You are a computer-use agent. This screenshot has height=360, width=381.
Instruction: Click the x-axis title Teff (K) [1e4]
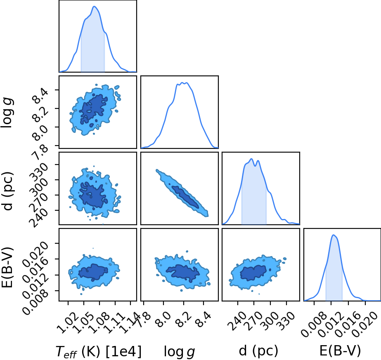pos(98,351)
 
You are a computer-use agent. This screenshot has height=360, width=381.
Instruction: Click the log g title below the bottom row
pos(179,352)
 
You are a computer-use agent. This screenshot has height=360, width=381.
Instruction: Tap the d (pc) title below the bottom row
pos(258,351)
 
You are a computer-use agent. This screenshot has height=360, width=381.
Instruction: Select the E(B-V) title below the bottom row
pos(340,351)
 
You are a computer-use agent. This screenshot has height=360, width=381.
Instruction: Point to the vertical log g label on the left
pos(7,113)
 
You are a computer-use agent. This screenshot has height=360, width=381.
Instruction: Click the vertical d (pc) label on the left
pos(7,191)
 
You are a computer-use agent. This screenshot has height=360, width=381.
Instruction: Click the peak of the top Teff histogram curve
pos(94,6)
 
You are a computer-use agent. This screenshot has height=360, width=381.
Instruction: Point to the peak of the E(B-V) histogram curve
pos(334,235)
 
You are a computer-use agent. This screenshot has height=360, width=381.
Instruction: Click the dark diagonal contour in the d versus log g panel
pos(185,197)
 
